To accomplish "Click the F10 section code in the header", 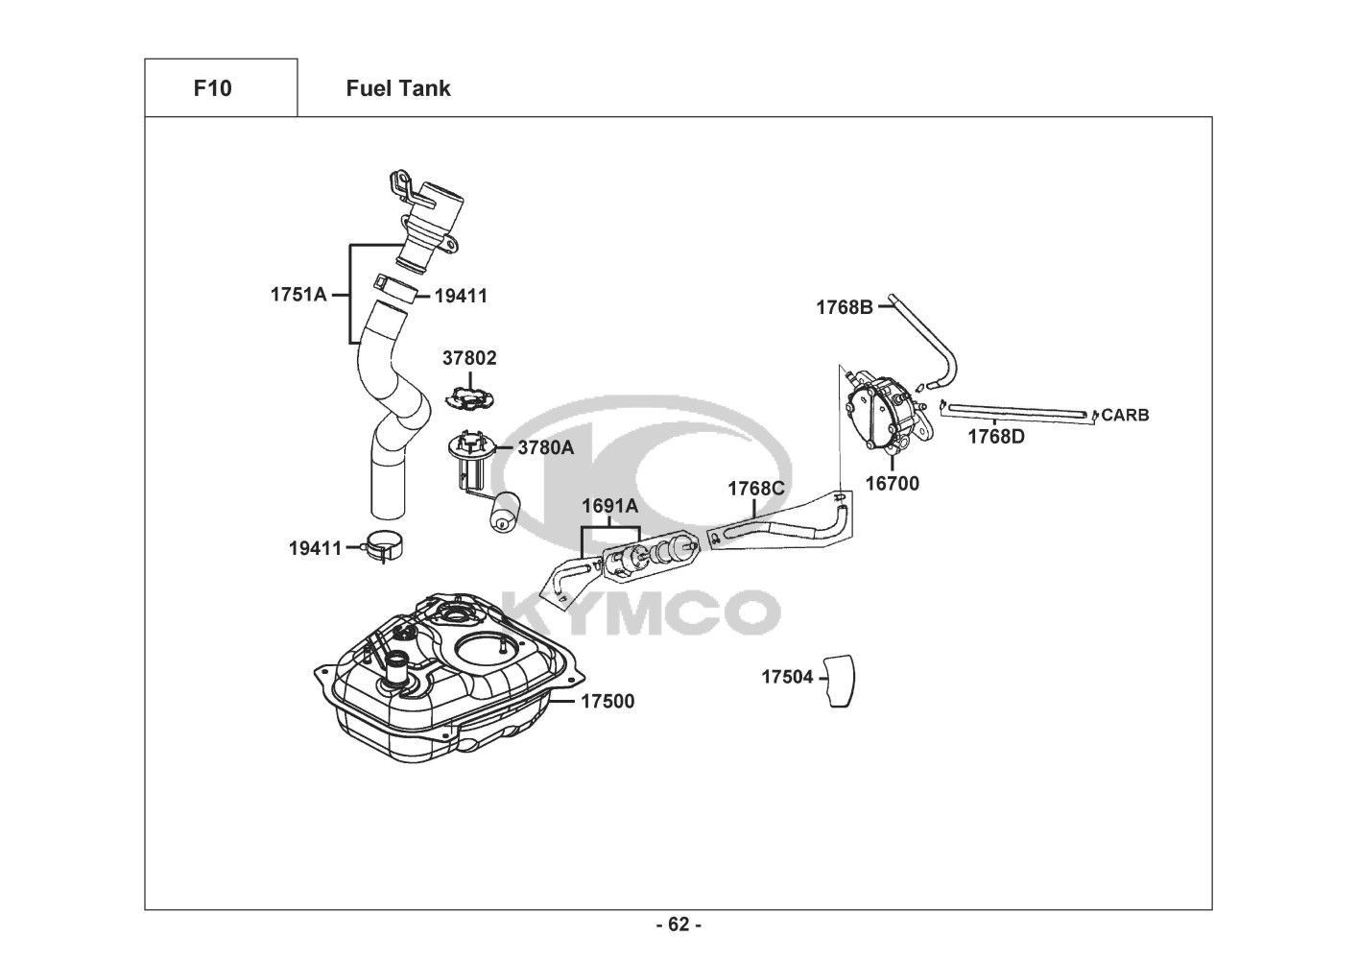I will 212,88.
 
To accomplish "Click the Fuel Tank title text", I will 397,88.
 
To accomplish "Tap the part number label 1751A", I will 298,295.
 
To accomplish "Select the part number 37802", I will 469,358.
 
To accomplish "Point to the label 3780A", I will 545,447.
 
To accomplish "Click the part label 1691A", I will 609,506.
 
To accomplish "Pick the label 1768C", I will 755,489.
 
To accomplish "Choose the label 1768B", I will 845,307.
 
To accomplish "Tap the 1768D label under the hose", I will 995,437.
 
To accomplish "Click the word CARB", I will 1125,416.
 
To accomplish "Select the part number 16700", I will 892,483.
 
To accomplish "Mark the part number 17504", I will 787,677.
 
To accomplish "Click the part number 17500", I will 608,702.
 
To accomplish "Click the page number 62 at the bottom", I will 679,924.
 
